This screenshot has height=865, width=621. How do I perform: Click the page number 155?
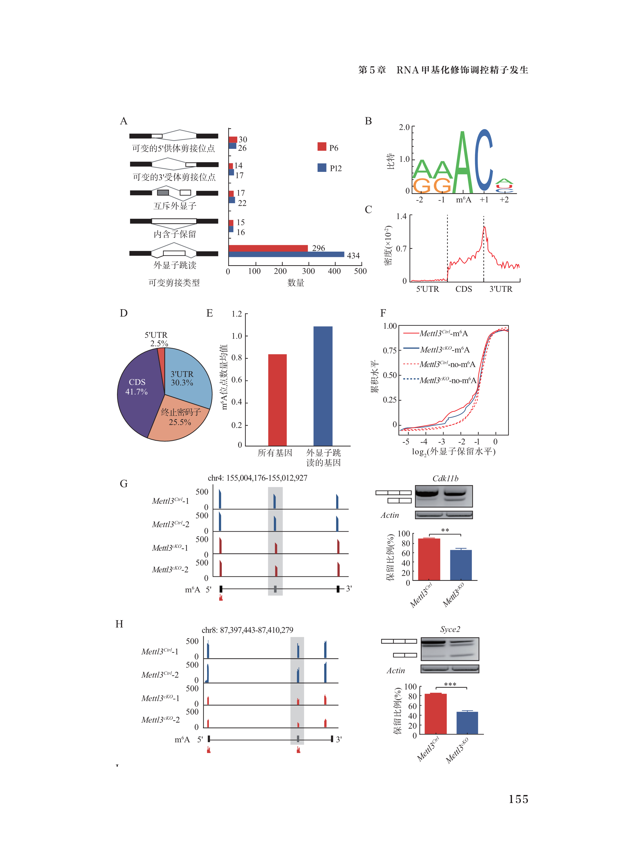coord(518,799)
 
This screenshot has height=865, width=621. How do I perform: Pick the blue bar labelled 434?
coord(286,254)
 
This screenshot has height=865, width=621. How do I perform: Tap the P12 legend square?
coord(321,167)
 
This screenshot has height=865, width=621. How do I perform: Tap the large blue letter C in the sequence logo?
coord(484,160)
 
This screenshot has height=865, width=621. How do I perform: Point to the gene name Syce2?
coord(450,629)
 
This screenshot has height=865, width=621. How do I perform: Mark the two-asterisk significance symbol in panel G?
coord(445,530)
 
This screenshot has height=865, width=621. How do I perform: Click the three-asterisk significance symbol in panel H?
coord(450,684)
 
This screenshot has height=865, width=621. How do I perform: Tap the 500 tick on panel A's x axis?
coord(360,271)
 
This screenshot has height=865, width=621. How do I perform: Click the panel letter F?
coord(383,313)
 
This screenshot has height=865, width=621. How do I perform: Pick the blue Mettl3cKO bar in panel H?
coord(467,723)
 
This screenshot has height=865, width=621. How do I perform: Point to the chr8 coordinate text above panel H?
coord(247,630)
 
